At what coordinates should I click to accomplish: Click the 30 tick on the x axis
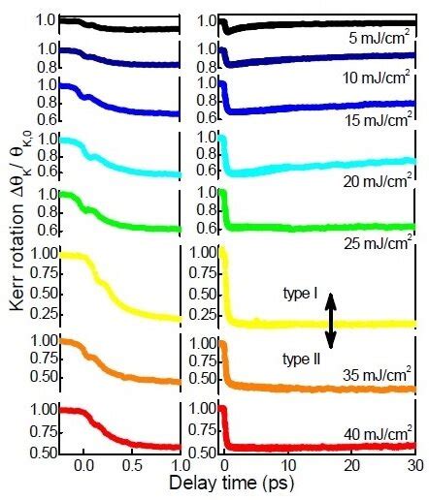pos(414,466)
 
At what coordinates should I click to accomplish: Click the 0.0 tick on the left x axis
pos(84,466)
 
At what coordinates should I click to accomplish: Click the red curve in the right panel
pos(320,447)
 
